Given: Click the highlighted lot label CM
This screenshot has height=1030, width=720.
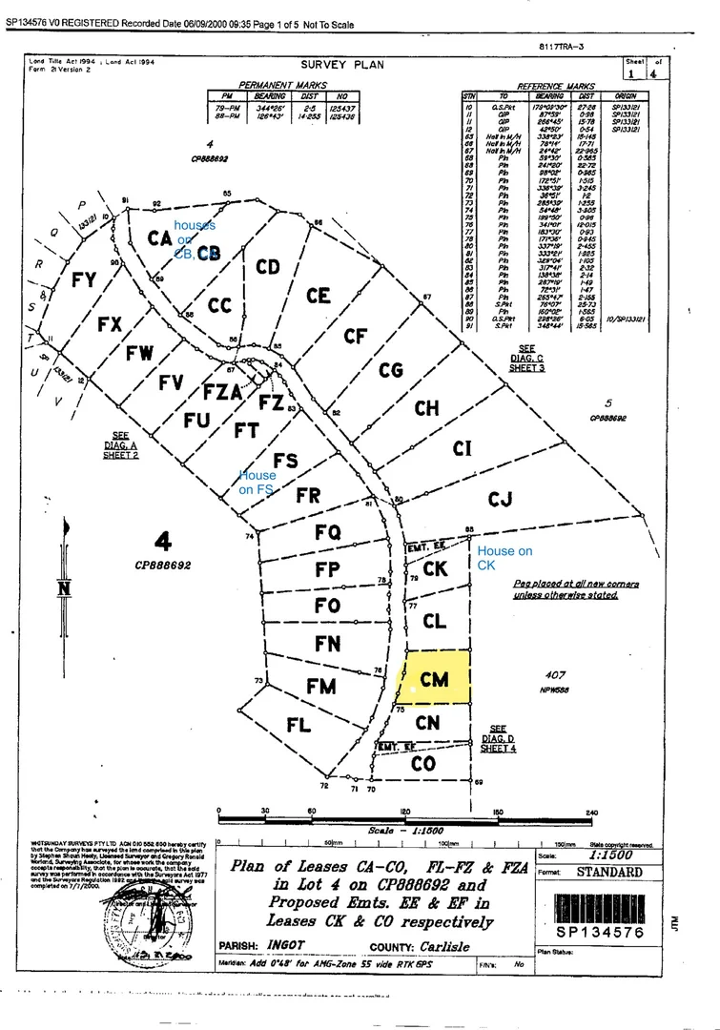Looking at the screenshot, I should coord(434,678).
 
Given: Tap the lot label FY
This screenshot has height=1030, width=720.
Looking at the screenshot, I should coord(84,280).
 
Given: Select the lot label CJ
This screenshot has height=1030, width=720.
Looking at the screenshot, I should coord(501,498).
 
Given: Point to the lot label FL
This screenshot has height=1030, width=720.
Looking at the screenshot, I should coord(298,725).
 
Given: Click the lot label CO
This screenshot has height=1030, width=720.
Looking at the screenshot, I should coord(423,764).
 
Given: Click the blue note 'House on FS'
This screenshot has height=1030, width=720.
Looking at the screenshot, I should coord(257,482).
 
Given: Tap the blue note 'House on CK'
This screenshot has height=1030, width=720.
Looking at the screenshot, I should coord(504,558).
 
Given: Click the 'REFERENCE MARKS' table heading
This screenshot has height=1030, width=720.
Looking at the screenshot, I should coord(556,86).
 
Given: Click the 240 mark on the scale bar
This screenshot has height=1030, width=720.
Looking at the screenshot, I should coord(592,813).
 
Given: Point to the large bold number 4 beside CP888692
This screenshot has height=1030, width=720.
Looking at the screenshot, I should coord(163,543).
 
